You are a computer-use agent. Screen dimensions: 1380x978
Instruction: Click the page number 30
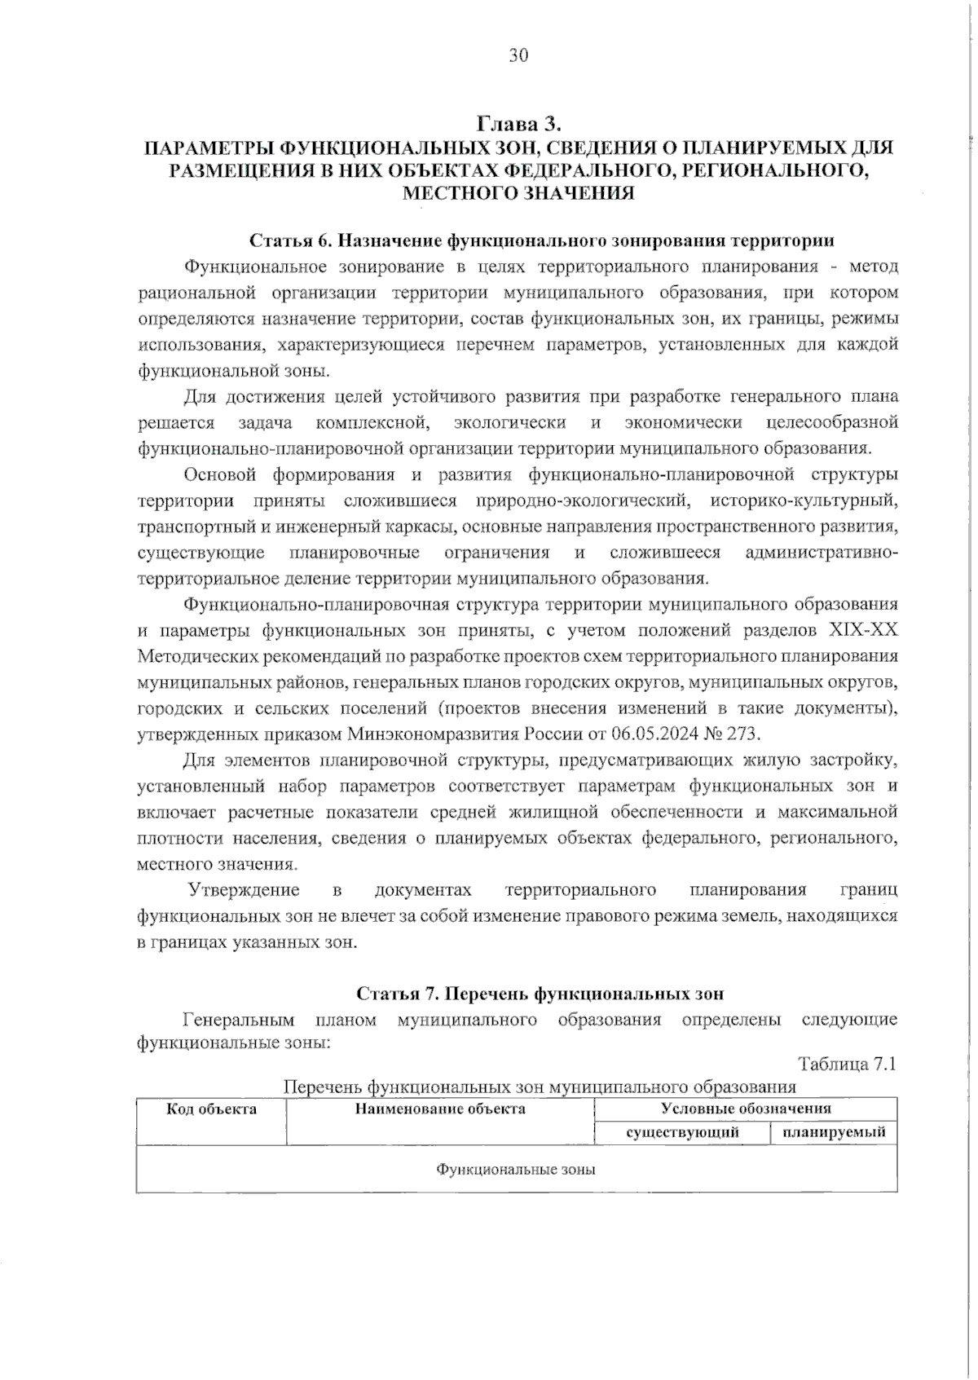(518, 55)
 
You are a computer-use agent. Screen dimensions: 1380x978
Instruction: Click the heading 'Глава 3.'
(519, 124)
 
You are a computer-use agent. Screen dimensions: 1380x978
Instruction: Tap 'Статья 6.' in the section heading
(290, 240)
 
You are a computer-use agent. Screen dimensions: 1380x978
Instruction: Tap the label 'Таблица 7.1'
(848, 1065)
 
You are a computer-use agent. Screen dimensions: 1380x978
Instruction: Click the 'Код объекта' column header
(211, 1109)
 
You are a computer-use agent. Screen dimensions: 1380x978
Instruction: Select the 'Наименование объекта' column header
(440, 1109)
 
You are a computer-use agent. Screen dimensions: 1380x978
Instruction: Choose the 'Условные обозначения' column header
(746, 1109)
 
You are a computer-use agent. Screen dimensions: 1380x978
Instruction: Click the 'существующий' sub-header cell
(682, 1132)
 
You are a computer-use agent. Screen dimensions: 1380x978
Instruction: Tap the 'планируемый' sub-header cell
(834, 1132)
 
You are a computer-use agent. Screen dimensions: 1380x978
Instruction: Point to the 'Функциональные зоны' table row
(516, 1170)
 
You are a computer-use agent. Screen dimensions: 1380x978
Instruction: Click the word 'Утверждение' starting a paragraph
(244, 889)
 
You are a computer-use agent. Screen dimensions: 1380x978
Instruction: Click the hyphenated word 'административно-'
(822, 553)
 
